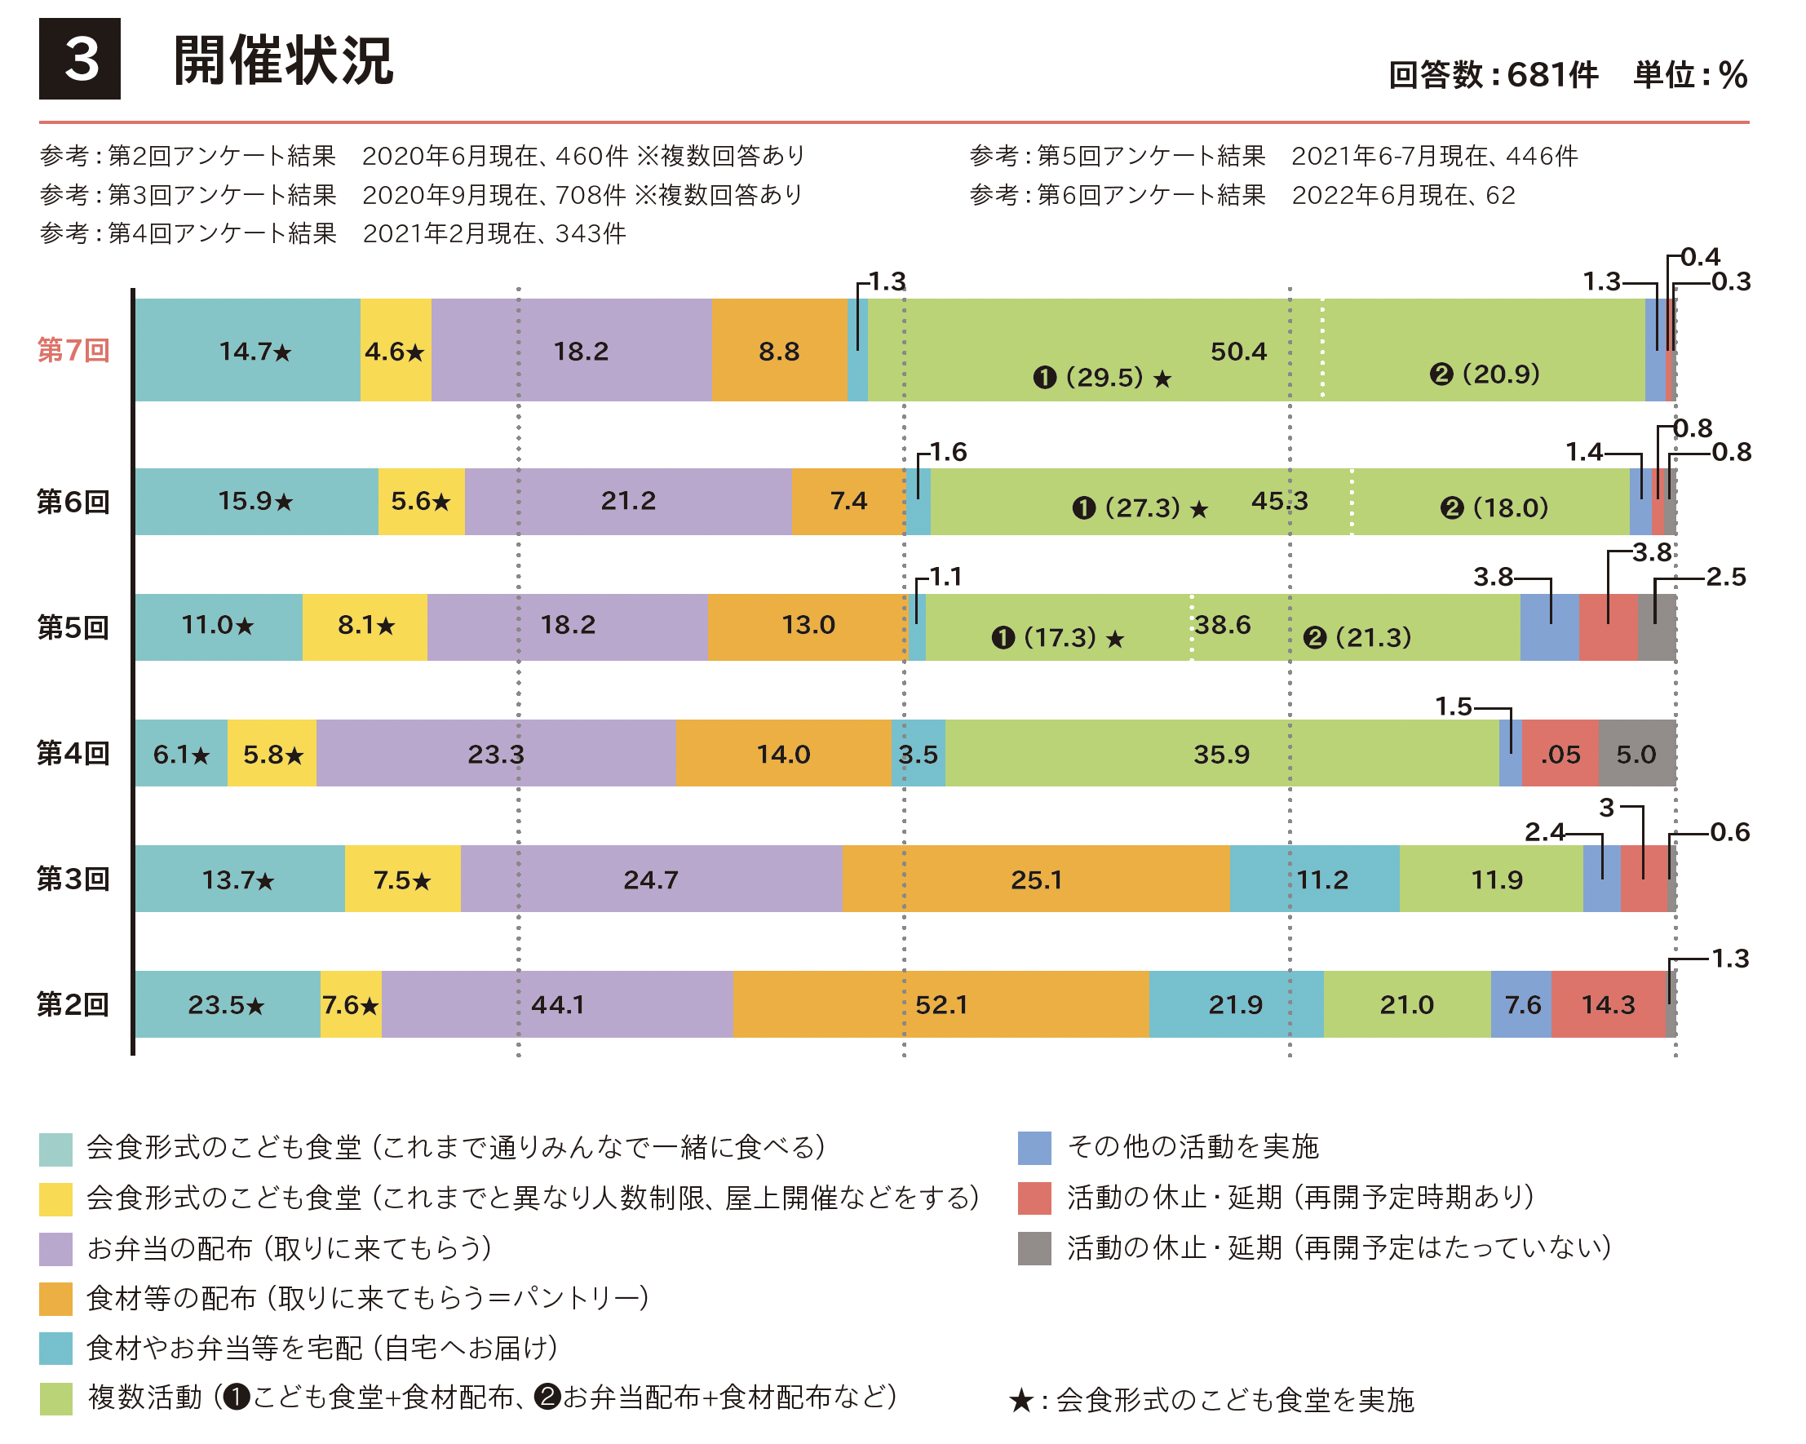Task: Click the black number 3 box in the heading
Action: tap(80, 59)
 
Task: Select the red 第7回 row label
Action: tap(73, 350)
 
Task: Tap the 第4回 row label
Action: tap(73, 753)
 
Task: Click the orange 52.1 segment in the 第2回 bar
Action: tap(941, 1004)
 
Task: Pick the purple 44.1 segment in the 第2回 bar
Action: tap(557, 1004)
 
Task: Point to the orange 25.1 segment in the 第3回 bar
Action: tap(1035, 879)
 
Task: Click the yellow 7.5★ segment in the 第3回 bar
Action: tap(402, 879)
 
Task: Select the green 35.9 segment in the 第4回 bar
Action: tap(1221, 754)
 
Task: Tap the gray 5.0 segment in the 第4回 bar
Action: tap(1636, 754)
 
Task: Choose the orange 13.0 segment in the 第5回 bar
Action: tap(808, 626)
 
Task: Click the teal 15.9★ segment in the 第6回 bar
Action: tap(255, 501)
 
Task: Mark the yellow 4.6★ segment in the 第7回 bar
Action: tap(396, 350)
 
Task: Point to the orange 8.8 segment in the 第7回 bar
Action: tap(779, 350)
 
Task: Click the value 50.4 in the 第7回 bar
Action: tap(1238, 351)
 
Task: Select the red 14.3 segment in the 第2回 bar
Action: tap(1608, 1004)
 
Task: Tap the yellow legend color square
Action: tap(56, 1198)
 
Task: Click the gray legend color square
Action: tap(1034, 1248)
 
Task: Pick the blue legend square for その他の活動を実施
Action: tap(1034, 1148)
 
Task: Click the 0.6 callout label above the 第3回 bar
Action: tap(1730, 831)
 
